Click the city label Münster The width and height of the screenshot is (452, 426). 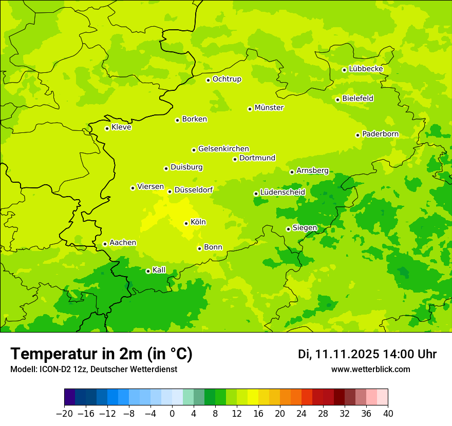[x=269, y=108]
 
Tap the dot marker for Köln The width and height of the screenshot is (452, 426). [x=186, y=223]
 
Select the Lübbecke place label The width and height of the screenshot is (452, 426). [x=366, y=69]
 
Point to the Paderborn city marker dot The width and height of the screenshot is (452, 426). [x=357, y=135]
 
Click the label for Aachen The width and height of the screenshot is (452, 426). [x=123, y=243]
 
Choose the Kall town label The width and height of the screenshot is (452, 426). [x=159, y=270]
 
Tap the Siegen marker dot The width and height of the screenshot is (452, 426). [x=288, y=229]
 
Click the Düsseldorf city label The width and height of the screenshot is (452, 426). [x=194, y=190]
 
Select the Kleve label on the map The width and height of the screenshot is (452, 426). [x=121, y=127]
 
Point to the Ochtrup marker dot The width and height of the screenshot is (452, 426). [x=208, y=80]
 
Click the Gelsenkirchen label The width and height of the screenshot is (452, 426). [x=223, y=149]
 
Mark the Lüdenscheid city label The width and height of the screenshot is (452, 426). [x=282, y=192]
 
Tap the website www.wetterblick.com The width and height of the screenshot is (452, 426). [x=370, y=370]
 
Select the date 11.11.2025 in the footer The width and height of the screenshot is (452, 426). [x=347, y=354]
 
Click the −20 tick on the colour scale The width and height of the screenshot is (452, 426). [x=64, y=414]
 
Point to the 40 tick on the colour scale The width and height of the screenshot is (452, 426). [x=388, y=414]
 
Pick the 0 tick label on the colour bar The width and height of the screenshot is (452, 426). [x=172, y=414]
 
